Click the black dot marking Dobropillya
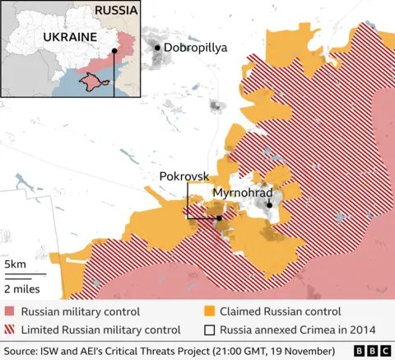point(158,49)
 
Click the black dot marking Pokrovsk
point(219,218)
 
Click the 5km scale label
point(14,264)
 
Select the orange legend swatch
point(210,311)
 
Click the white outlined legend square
point(210,330)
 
